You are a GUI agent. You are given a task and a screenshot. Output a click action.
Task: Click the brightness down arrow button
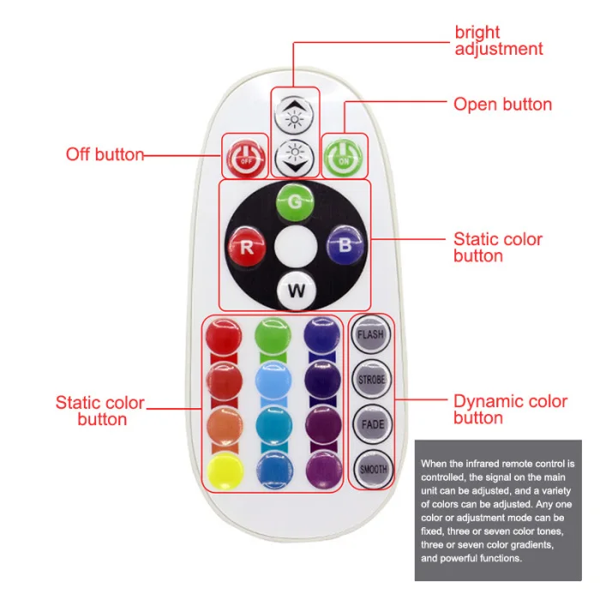(295, 155)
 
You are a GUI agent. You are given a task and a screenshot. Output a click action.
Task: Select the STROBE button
(370, 379)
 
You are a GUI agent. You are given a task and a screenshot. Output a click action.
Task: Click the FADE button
(370, 423)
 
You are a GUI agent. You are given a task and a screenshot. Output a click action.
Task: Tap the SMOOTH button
(370, 468)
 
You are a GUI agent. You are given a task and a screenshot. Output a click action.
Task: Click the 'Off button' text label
(105, 155)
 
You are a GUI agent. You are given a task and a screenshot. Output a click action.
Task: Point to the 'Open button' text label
(502, 105)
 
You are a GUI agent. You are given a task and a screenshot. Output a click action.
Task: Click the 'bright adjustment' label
(497, 41)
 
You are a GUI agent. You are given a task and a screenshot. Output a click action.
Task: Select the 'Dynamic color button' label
(509, 409)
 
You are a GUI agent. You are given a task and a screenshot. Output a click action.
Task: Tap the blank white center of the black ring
(294, 248)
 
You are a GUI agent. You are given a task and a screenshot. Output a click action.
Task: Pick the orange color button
(224, 422)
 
